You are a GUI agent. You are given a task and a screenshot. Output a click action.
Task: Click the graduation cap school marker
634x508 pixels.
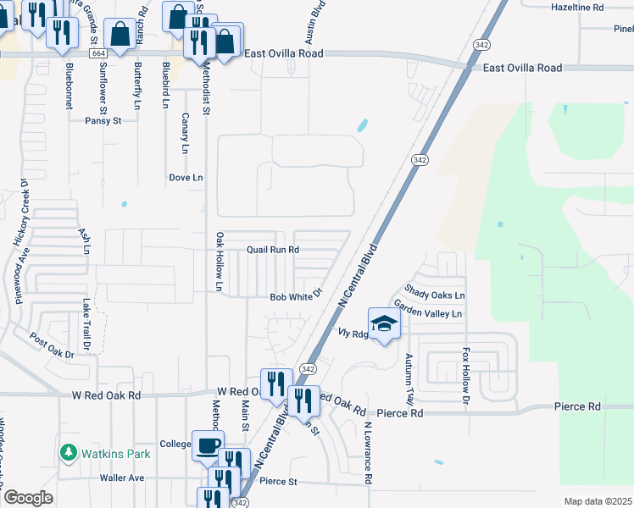click(384, 323)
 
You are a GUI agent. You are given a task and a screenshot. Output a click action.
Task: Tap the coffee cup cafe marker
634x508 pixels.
click(209, 445)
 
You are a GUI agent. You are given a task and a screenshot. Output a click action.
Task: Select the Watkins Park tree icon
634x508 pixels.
click(69, 453)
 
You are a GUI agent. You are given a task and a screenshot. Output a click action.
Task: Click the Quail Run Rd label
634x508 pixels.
click(273, 250)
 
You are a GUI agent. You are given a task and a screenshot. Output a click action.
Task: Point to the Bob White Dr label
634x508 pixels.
click(297, 297)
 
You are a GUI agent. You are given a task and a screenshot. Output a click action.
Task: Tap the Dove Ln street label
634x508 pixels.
click(186, 178)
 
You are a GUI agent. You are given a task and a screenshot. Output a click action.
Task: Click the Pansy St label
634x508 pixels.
click(103, 121)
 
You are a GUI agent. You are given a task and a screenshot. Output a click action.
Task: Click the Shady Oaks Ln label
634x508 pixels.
click(435, 295)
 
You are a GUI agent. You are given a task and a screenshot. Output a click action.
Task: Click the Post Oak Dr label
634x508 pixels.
click(52, 345)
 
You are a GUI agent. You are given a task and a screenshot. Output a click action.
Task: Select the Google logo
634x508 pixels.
click(28, 498)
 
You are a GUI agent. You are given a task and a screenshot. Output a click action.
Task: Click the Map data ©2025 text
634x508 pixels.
click(598, 501)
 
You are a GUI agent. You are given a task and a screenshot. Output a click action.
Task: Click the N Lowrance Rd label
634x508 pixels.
click(369, 453)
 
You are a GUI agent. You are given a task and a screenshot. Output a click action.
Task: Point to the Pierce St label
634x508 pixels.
click(278, 482)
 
